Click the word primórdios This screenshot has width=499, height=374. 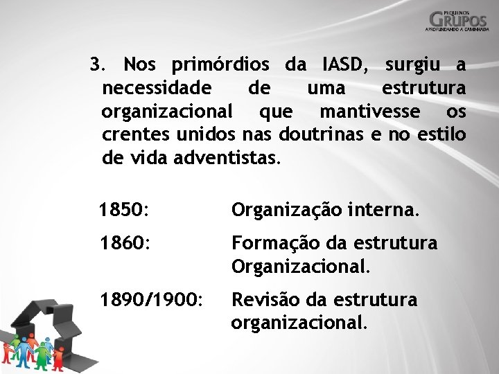(220, 66)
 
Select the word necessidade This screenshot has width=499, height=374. (155, 89)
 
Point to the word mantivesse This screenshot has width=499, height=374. (370, 112)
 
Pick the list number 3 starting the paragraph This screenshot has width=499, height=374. (98, 66)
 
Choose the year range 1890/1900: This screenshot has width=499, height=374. (151, 300)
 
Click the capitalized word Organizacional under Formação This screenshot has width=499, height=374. (301, 266)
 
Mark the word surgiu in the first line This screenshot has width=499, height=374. (413, 66)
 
